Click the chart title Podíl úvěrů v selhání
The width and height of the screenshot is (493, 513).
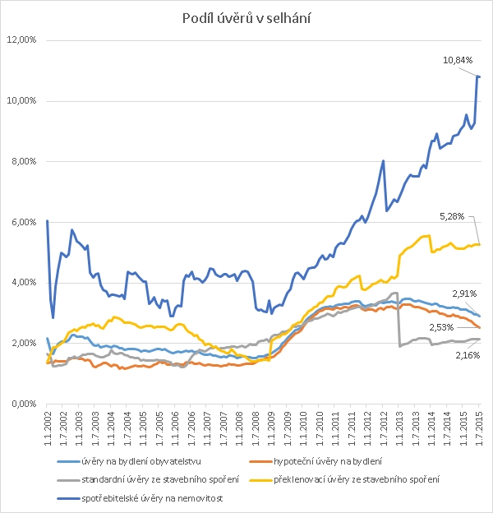[246, 19]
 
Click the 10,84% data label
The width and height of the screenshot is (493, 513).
[458, 60]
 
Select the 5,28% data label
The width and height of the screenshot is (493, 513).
[452, 216]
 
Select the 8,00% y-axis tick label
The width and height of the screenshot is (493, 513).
[24, 161]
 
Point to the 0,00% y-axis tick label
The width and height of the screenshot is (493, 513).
[24, 404]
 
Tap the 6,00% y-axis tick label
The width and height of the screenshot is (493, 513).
[24, 222]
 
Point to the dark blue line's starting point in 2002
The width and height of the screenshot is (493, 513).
[48, 220]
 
